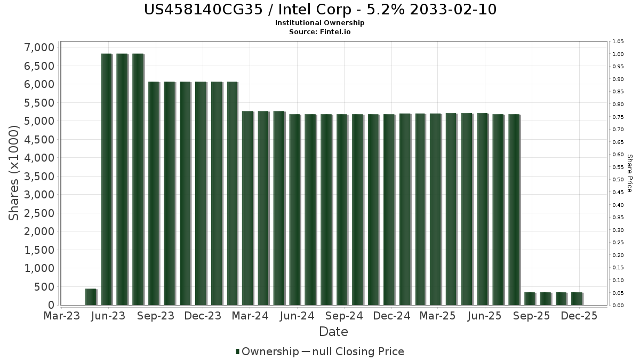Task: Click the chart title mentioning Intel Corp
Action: (x=320, y=10)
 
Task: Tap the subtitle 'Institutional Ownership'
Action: (x=320, y=23)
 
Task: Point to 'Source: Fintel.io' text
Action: (x=320, y=31)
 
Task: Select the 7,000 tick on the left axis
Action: (x=39, y=47)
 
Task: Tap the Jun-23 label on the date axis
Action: (x=109, y=316)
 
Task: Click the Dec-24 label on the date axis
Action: (x=391, y=316)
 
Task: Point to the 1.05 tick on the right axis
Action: (x=618, y=42)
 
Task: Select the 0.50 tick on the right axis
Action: (x=618, y=180)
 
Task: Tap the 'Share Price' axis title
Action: (x=629, y=173)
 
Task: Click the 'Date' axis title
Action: (x=333, y=332)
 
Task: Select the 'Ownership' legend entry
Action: (x=270, y=351)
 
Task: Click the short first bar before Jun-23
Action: (x=91, y=297)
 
